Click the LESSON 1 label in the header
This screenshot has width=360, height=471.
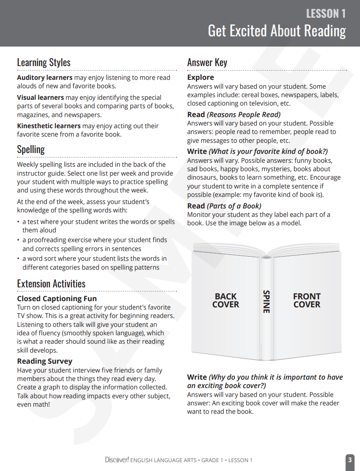[325, 14]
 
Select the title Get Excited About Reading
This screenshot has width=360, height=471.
[277, 31]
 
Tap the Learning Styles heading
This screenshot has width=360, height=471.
[44, 62]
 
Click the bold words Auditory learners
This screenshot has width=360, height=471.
[44, 78]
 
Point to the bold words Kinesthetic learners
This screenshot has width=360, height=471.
[49, 126]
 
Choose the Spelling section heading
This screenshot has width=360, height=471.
[31, 149]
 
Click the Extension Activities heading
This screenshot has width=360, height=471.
[51, 283]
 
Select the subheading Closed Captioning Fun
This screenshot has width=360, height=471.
[57, 298]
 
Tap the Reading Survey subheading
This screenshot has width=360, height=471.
[44, 361]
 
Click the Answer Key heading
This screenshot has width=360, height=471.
[207, 62]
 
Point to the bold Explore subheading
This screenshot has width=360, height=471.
[200, 78]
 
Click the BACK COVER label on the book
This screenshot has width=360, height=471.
[225, 300]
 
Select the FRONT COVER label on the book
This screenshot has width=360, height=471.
[307, 300]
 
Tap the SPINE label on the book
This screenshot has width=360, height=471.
[266, 302]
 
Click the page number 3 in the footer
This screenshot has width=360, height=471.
[350, 459]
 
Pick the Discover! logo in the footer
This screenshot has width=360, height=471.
[117, 459]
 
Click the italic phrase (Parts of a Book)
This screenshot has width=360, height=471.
[234, 206]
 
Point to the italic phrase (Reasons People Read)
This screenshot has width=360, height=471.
[244, 114]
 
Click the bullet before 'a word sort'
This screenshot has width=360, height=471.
[18, 259]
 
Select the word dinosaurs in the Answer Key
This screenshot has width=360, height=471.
[202, 177]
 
